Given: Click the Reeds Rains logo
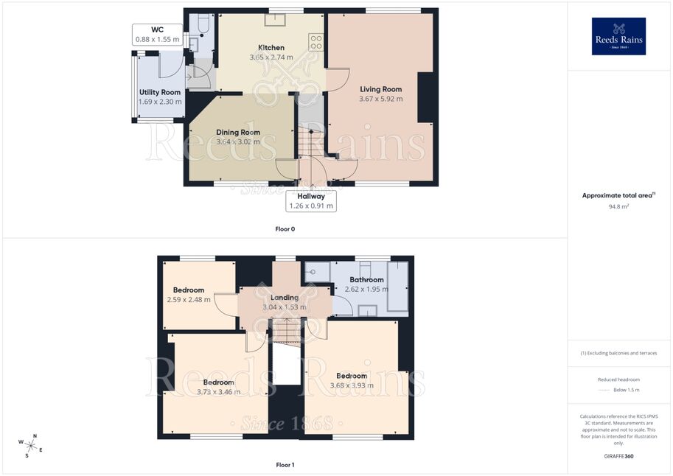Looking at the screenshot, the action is (x=618, y=36).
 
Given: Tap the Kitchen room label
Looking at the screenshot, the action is (x=271, y=48).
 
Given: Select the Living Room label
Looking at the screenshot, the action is (x=380, y=89).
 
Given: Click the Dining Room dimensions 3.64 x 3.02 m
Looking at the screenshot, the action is (x=238, y=142).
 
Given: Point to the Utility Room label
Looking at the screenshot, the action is (x=160, y=92).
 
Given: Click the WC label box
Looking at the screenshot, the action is (x=158, y=35).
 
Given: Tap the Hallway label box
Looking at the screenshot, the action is (x=311, y=201).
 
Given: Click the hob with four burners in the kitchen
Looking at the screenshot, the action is (x=316, y=42).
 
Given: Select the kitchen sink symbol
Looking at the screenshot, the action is (x=275, y=20).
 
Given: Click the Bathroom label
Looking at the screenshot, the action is (x=366, y=280).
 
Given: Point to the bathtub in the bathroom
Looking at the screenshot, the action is (x=398, y=287).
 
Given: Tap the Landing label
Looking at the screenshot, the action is (x=284, y=298).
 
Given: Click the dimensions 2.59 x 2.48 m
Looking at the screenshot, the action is (x=189, y=300).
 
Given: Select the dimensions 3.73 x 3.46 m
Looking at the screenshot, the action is (x=219, y=392).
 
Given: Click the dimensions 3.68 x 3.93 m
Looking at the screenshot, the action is (x=352, y=385).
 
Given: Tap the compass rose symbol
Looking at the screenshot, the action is (x=30, y=446).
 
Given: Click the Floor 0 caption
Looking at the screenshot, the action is (x=285, y=229).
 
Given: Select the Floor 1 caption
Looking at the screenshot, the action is (x=285, y=465).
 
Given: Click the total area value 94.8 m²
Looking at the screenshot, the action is (x=618, y=206).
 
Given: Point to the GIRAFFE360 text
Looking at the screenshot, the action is (x=618, y=456).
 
